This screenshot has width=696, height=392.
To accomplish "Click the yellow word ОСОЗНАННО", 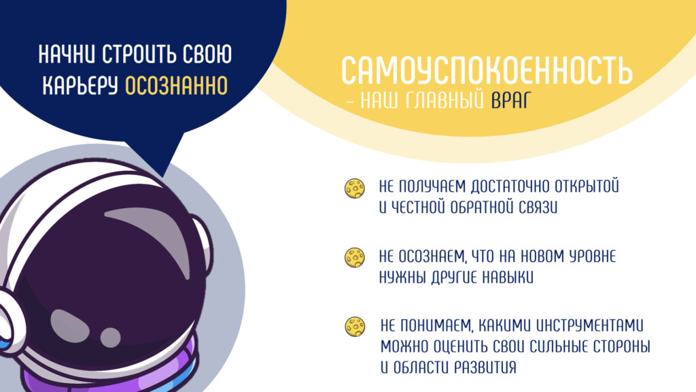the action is [176, 86].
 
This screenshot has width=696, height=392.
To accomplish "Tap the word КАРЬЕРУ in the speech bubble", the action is [80, 86].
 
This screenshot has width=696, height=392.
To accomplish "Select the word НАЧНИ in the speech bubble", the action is [67, 54].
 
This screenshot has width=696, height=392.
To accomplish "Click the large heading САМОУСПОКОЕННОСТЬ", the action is [487, 70].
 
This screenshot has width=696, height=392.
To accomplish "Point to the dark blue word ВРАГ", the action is [511, 101].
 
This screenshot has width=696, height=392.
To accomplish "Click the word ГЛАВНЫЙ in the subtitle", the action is [445, 101].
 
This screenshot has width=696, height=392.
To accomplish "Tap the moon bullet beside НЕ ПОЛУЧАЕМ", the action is [355, 189].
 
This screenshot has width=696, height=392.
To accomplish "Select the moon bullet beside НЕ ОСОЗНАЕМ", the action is [355, 258].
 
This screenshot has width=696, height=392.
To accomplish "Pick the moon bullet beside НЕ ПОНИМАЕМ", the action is [355, 327].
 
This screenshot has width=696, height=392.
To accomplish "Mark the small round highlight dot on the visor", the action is [110, 338].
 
